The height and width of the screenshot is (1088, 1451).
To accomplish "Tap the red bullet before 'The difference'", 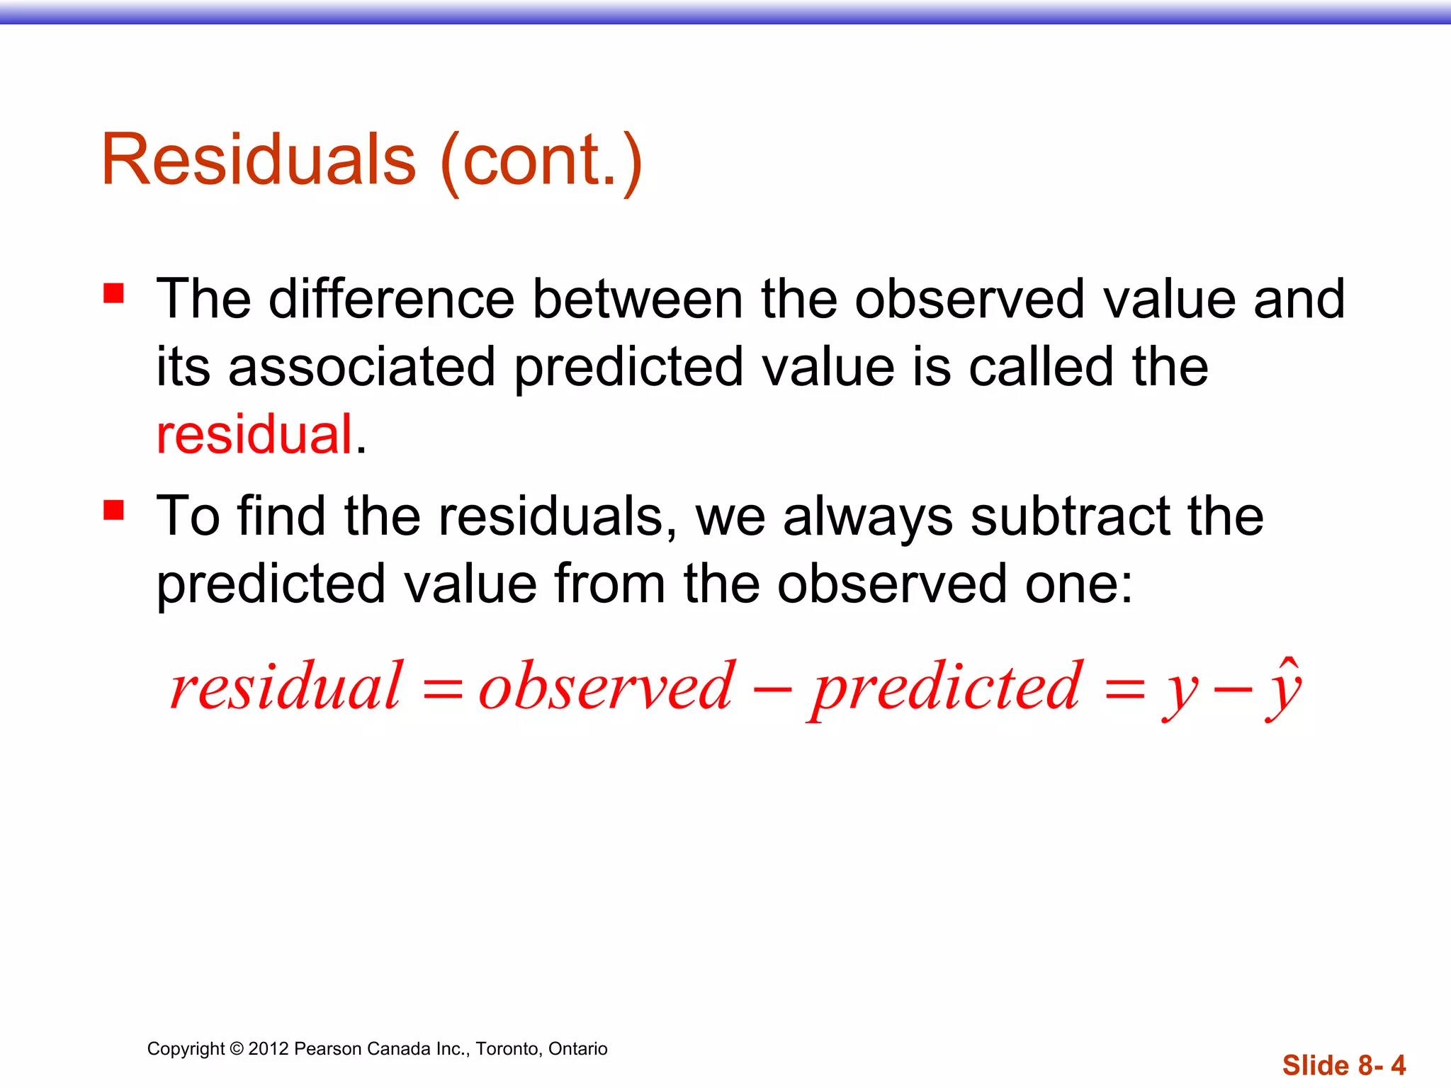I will click(113, 293).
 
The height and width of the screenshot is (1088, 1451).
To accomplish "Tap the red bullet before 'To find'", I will click(113, 510).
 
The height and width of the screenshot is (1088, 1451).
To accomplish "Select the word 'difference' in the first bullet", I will click(391, 299).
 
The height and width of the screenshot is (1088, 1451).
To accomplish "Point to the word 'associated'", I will click(361, 367).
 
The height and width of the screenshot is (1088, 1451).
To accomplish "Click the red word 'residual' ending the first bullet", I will click(254, 434).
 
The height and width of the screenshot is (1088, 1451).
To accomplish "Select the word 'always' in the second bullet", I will click(868, 517).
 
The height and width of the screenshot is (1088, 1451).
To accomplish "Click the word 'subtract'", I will click(1070, 516).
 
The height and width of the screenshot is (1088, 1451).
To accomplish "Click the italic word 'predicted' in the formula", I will click(947, 687).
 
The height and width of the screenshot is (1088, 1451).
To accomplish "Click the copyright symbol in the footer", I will click(237, 1049).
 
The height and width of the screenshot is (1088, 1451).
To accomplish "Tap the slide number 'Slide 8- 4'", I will click(1343, 1065).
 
